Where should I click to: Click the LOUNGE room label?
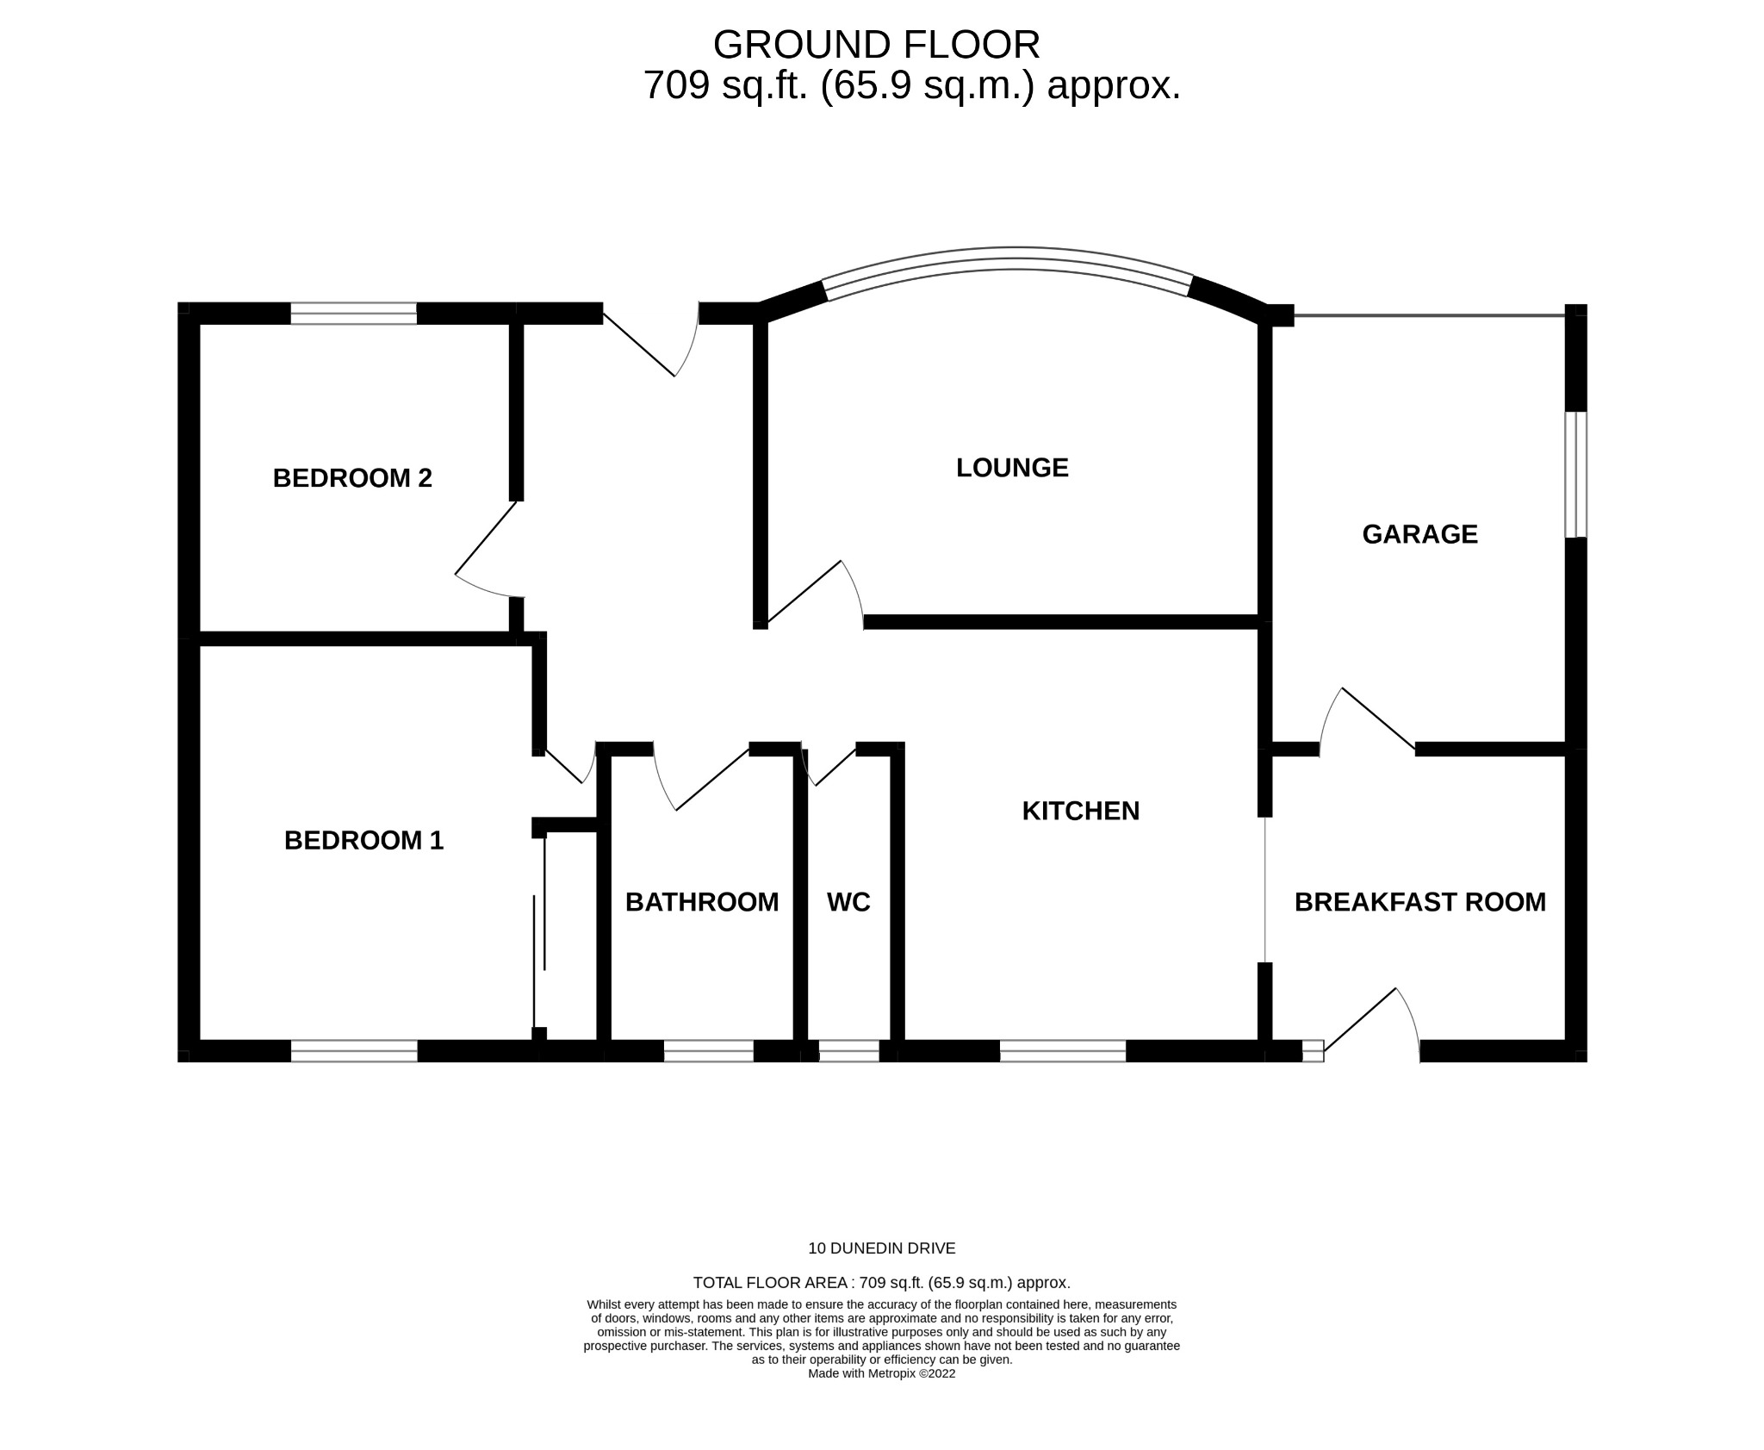click(1012, 468)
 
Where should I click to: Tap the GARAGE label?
click(1419, 534)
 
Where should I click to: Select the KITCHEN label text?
click(1080, 811)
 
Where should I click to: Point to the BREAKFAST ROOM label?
click(1419, 902)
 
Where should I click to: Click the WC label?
click(848, 902)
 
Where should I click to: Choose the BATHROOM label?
click(701, 902)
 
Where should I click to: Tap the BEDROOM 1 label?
click(363, 840)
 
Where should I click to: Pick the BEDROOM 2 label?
click(352, 477)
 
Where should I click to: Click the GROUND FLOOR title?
click(876, 45)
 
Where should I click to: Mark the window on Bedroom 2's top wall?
click(353, 314)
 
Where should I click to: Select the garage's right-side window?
click(1575, 474)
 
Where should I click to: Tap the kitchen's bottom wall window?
click(1063, 1051)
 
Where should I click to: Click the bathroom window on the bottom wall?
click(709, 1051)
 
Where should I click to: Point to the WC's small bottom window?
click(848, 1051)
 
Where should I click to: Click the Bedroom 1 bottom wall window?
click(354, 1051)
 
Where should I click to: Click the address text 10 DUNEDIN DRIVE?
click(881, 1248)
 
